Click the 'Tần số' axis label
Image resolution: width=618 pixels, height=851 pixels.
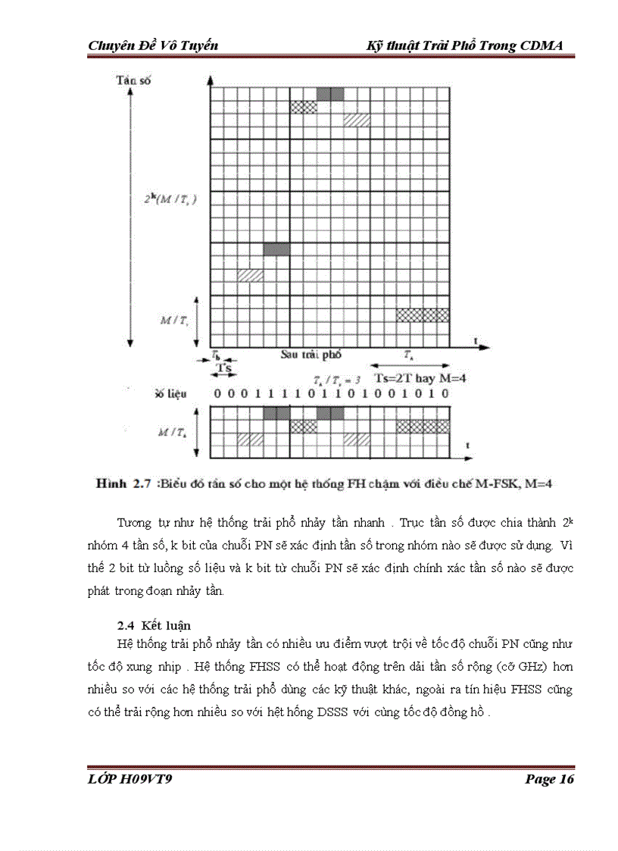pyautogui.click(x=133, y=80)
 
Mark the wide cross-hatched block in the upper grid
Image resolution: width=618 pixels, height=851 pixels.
pyautogui.click(x=423, y=314)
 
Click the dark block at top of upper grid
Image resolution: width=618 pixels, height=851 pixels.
pyautogui.click(x=329, y=94)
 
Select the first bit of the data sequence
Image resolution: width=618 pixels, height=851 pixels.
pyautogui.click(x=217, y=394)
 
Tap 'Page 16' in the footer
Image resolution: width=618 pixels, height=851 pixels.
pyautogui.click(x=549, y=780)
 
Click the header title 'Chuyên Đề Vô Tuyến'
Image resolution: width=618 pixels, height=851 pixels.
pyautogui.click(x=153, y=45)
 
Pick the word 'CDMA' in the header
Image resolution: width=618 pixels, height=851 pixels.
pyautogui.click(x=542, y=45)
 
